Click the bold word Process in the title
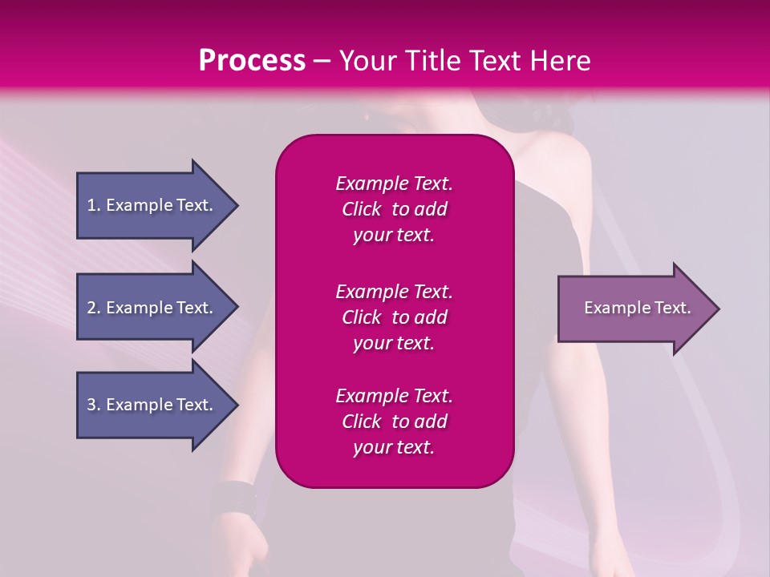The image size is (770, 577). [x=252, y=61]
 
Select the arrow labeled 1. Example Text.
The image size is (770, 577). [x=152, y=205]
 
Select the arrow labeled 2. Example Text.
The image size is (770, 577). [x=152, y=308]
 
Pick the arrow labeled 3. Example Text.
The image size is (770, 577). [x=152, y=405]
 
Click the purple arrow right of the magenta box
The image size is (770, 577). [x=634, y=309]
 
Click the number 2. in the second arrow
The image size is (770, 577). [x=94, y=308]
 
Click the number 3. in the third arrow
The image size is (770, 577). [x=94, y=405]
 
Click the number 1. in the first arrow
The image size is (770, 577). [x=94, y=205]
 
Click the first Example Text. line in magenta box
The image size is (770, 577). [x=394, y=184]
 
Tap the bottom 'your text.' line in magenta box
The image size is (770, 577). [x=394, y=447]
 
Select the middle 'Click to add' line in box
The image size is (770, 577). [x=394, y=317]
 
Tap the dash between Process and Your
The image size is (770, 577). [x=322, y=62]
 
